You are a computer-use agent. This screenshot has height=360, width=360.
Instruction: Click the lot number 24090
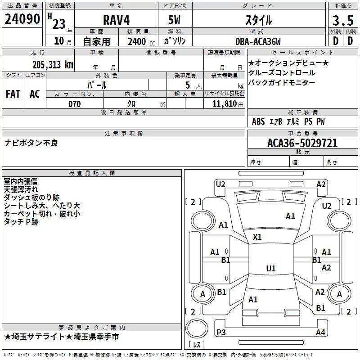[x=22, y=19]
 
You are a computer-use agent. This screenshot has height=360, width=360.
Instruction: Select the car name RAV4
[x=116, y=20]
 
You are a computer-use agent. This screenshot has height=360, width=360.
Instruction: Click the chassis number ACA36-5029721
[x=302, y=144]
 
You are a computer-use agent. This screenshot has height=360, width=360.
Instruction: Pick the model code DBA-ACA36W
[x=258, y=41]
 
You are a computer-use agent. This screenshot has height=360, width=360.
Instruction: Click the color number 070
[x=74, y=104]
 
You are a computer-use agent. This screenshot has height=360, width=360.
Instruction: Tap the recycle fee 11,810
[x=224, y=104]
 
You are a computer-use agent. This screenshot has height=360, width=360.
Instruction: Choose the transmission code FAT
[x=13, y=94]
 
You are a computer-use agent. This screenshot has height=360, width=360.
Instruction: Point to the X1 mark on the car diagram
[x=257, y=237]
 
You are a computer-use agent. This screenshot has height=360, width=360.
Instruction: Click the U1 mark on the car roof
[x=270, y=269]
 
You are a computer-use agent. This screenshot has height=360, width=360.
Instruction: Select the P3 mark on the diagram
[x=221, y=332]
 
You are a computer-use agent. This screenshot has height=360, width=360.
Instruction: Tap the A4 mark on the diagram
[x=320, y=333]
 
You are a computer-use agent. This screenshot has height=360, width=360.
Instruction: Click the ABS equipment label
[x=258, y=121]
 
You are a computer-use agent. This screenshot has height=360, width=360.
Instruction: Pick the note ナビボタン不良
[x=31, y=143]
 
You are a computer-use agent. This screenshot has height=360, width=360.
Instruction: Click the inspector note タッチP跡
[x=21, y=222]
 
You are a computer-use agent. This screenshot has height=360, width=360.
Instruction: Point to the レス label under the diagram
[x=197, y=345]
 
